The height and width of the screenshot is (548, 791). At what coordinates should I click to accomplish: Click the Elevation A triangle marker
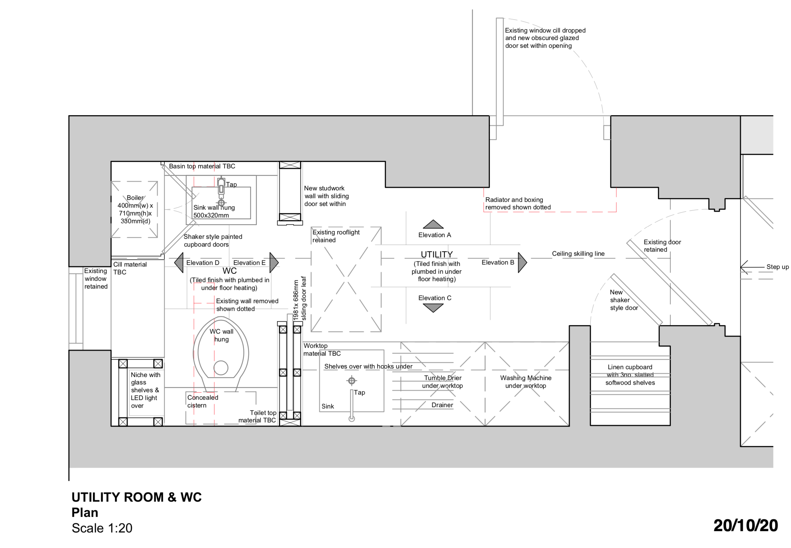pos(433,225)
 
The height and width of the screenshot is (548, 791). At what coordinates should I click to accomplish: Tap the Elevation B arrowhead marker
pos(522,263)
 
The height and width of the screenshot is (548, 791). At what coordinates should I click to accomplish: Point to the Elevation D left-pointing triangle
pos(179,263)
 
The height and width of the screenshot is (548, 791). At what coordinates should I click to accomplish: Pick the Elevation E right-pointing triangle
pos(274,263)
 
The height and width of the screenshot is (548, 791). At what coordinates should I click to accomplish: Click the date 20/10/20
pos(745,526)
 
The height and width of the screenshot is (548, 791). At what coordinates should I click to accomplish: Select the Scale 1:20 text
pos(102,528)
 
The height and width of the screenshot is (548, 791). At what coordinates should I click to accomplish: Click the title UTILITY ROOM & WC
pos(137,497)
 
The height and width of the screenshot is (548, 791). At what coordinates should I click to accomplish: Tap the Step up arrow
pos(752,267)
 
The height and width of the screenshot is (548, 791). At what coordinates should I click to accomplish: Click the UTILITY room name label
pos(437,254)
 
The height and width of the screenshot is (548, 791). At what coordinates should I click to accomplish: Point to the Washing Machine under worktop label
pos(525,381)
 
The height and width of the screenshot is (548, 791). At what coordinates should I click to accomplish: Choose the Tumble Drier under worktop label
pos(443,381)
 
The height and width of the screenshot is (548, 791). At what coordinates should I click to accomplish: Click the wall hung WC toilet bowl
pos(221,354)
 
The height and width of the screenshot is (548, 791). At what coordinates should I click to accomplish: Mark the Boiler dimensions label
pos(135,209)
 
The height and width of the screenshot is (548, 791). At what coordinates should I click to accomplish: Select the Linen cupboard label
pos(630,375)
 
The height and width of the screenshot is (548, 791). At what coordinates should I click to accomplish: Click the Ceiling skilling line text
pos(578,254)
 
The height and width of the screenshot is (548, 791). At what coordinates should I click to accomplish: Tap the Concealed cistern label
pos(203,401)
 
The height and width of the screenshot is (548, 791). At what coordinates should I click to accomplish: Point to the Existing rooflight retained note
pos(336,236)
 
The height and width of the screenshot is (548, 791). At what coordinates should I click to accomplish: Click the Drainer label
pos(442,405)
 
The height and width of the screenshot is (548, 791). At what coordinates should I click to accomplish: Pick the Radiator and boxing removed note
pos(518,203)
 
